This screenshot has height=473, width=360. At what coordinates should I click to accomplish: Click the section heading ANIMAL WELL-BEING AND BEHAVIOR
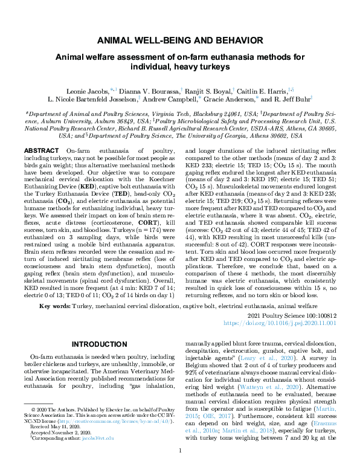coord(180,42)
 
